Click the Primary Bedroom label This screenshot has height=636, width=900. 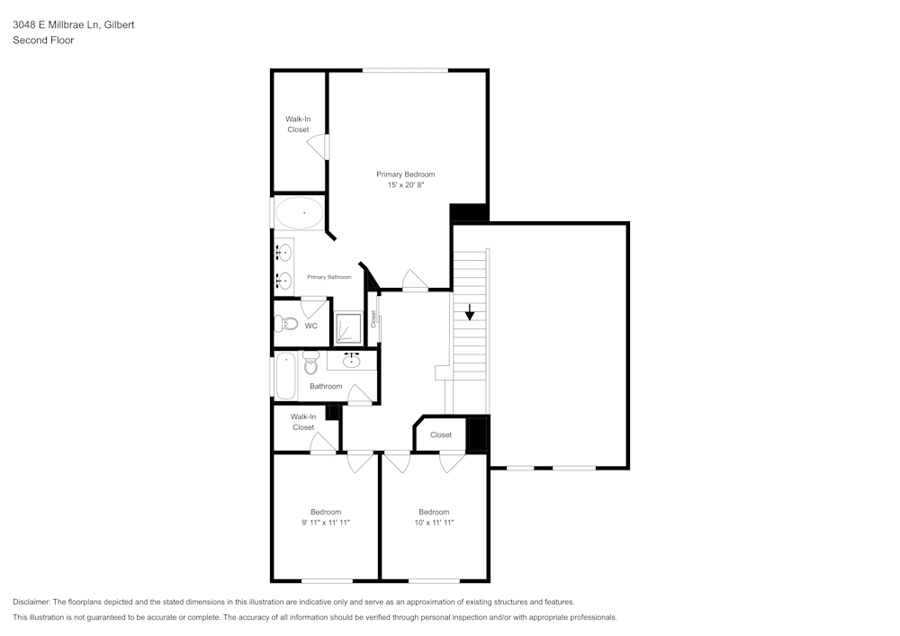(x=405, y=175)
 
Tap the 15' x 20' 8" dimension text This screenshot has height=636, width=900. (x=405, y=184)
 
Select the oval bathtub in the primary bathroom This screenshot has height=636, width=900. (x=299, y=213)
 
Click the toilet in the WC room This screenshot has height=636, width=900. (x=286, y=324)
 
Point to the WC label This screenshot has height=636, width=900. (x=310, y=326)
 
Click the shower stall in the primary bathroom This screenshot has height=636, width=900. (x=348, y=327)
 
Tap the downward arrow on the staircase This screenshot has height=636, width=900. (x=470, y=312)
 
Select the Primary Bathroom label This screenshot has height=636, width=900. (x=328, y=277)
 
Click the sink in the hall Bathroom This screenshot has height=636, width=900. (x=351, y=361)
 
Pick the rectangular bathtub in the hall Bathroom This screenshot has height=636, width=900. (x=286, y=376)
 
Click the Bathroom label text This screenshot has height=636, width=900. (x=326, y=386)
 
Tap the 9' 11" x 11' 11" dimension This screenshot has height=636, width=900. (x=326, y=523)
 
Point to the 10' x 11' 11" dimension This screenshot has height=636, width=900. (x=434, y=523)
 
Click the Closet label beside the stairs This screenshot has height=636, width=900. (x=441, y=434)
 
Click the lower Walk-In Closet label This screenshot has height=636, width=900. (x=303, y=422)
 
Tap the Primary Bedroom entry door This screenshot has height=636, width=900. (x=414, y=281)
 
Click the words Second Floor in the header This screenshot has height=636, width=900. (x=43, y=40)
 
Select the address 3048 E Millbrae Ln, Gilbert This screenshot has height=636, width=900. (x=74, y=24)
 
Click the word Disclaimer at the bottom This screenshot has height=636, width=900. (x=31, y=602)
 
